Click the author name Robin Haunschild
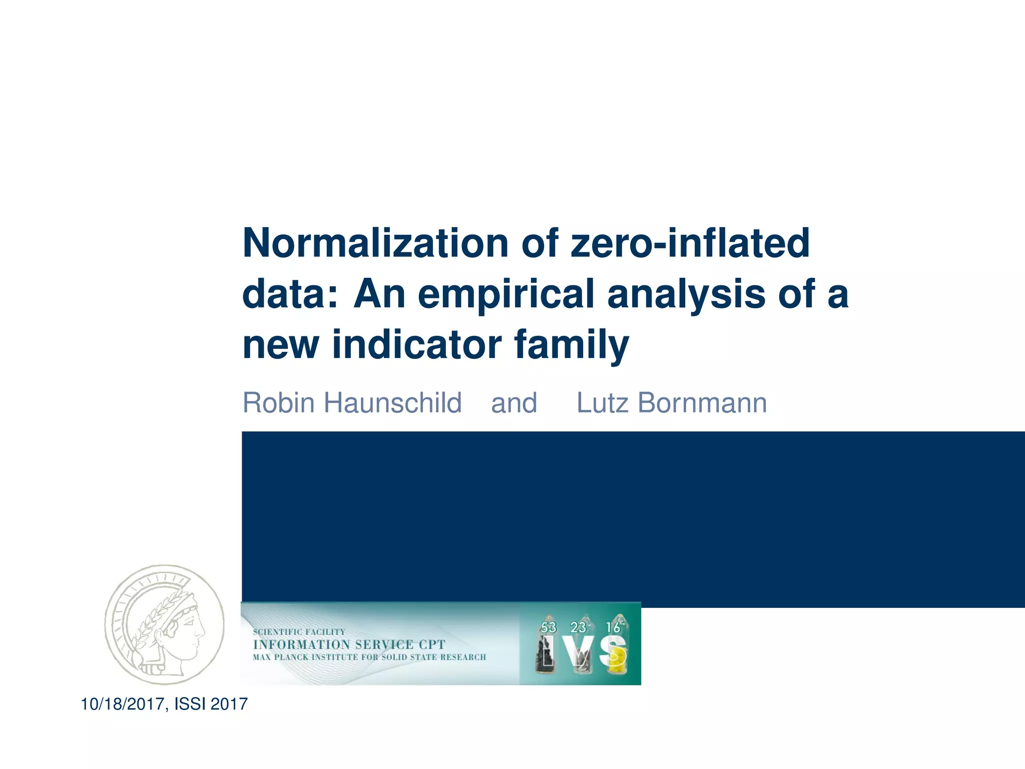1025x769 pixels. tap(352, 403)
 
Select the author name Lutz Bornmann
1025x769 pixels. tap(672, 403)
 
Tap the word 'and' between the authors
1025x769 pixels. tap(514, 403)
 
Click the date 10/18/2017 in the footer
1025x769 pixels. tap(124, 704)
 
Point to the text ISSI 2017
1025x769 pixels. tap(211, 704)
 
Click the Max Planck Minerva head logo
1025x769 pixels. tap(164, 625)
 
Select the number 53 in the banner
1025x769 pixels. tap(549, 627)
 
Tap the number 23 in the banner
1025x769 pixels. tap(578, 627)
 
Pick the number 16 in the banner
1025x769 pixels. tap(613, 627)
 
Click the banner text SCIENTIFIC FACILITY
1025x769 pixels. tap(299, 632)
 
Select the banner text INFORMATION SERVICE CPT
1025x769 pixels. tap(349, 644)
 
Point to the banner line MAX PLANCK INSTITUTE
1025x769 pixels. tap(369, 657)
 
